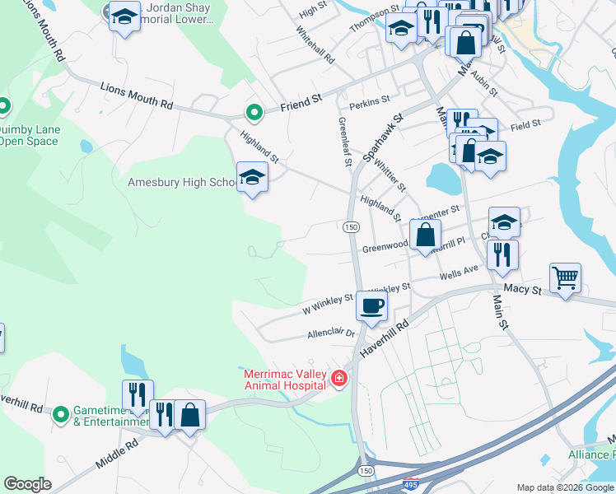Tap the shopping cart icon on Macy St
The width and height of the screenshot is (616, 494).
click(x=565, y=278)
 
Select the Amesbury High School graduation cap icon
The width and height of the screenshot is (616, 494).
click(x=252, y=177)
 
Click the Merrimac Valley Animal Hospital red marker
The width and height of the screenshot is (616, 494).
click(x=338, y=378)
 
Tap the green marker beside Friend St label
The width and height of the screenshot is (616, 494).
click(x=254, y=112)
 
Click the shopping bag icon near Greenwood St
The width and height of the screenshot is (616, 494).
click(x=425, y=235)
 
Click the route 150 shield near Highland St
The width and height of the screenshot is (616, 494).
click(x=350, y=226)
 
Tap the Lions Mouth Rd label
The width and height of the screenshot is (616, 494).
click(x=137, y=95)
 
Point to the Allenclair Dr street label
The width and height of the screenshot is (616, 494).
click(x=329, y=333)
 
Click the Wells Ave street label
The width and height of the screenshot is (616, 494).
click(x=459, y=273)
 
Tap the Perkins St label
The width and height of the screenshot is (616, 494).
click(x=369, y=100)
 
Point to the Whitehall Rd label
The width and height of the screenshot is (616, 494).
click(x=315, y=48)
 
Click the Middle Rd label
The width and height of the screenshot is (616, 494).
click(x=116, y=454)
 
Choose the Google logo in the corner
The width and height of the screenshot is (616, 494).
click(x=27, y=484)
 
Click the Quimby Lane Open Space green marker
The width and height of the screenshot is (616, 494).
click(x=3, y=106)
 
